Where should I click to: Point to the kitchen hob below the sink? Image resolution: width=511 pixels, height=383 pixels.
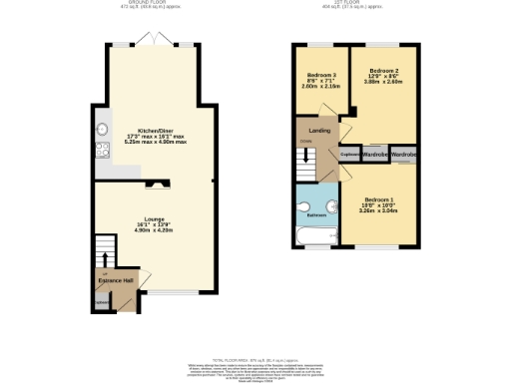pos(102,152)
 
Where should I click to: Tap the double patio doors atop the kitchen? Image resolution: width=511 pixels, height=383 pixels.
pos(156,42)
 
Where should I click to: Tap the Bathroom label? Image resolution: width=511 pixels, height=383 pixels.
pos(316,213)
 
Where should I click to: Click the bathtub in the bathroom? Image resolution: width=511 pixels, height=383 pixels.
pos(317,235)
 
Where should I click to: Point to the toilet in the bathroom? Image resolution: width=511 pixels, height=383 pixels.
pos(303,203)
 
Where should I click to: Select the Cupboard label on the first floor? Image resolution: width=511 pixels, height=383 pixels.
pos(350,156)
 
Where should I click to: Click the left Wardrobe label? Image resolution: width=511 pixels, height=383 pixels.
pos(374,156)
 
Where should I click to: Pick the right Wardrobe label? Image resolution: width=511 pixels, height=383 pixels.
pos(403,156)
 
